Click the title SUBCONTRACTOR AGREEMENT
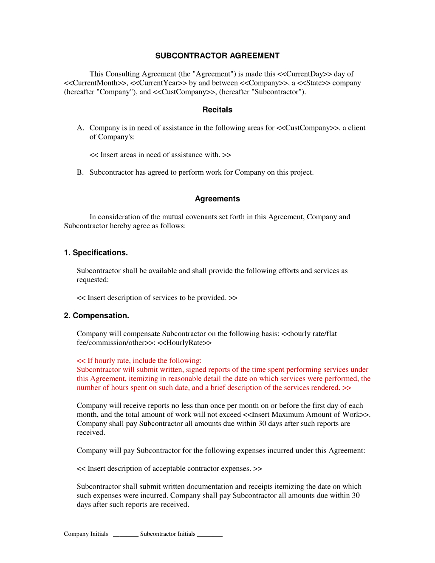(x=217, y=56)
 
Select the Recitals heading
(x=217, y=110)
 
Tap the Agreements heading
(x=217, y=199)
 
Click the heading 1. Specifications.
(x=96, y=253)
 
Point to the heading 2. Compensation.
(x=96, y=316)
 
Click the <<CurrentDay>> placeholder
(x=304, y=74)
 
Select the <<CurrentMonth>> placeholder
(x=95, y=83)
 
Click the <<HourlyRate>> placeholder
(x=184, y=342)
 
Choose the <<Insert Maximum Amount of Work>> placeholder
(x=305, y=415)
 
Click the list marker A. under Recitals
(x=80, y=128)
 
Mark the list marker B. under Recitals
(x=80, y=173)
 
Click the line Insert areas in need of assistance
(x=160, y=155)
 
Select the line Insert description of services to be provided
(x=157, y=298)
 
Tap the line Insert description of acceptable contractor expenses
(x=169, y=469)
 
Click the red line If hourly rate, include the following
(x=139, y=361)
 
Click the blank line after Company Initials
(x=125, y=535)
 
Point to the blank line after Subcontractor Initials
(x=210, y=535)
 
